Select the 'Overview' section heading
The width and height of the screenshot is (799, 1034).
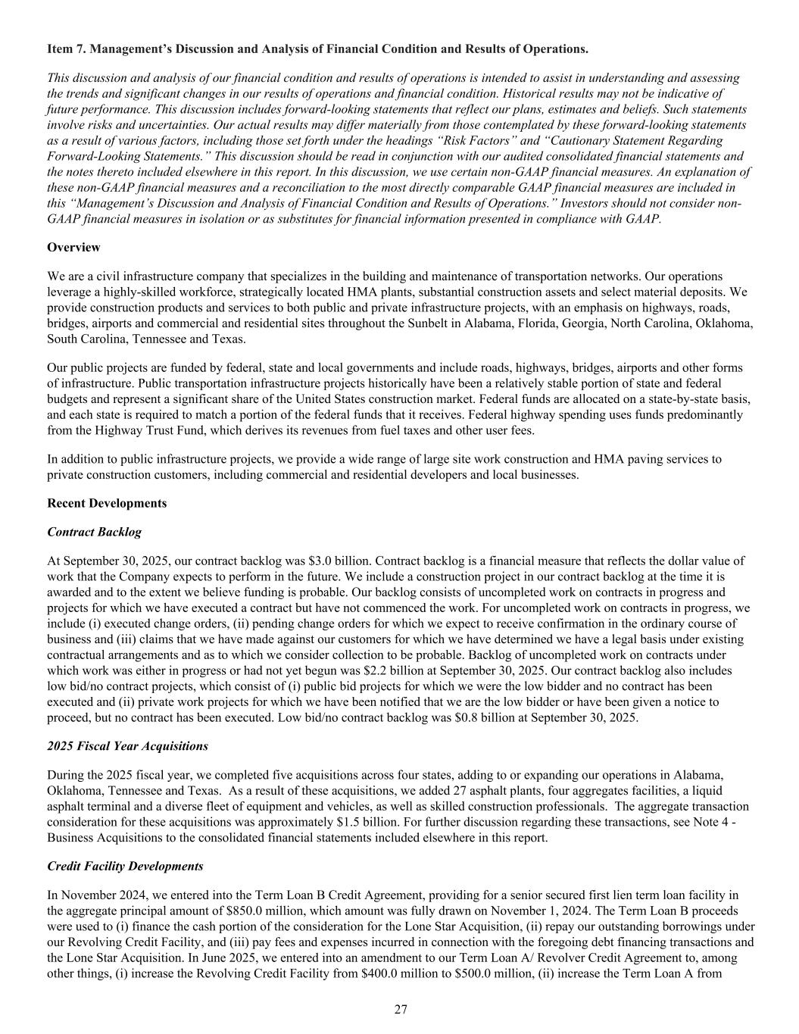pyautogui.click(x=73, y=248)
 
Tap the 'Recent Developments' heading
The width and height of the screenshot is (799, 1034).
pyautogui.click(x=107, y=503)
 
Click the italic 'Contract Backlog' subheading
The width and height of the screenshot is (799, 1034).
pyautogui.click(x=94, y=532)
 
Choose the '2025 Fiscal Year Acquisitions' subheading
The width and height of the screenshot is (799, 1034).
pyautogui.click(x=127, y=745)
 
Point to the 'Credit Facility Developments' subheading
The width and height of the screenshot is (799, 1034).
pyautogui.click(x=125, y=866)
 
